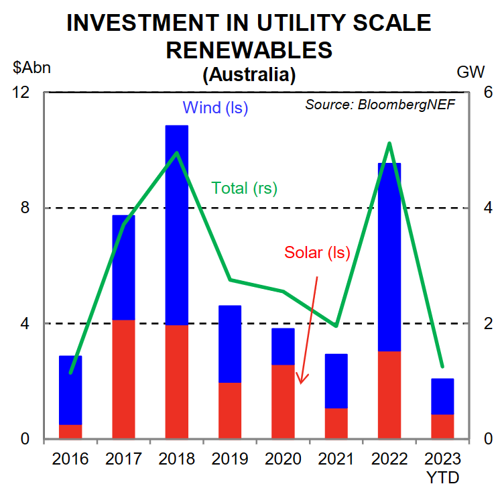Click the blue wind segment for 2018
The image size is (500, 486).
177,225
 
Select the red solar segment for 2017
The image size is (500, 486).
123,379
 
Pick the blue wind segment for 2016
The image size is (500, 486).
70,390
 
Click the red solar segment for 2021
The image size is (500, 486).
336,423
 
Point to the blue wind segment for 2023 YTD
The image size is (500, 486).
442,397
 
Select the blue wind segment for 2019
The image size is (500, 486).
230,344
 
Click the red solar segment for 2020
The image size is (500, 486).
283,402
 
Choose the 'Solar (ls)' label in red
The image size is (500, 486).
318,253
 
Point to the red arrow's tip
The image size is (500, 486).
300,383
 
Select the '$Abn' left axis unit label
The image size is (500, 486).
32,68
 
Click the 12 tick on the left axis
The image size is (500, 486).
22,93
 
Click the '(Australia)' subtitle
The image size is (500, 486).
249,74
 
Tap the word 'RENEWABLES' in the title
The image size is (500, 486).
249,50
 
